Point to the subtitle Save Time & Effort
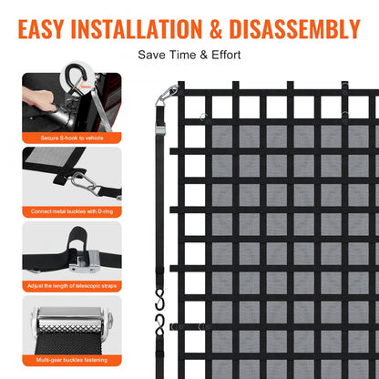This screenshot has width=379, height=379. [189, 55]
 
